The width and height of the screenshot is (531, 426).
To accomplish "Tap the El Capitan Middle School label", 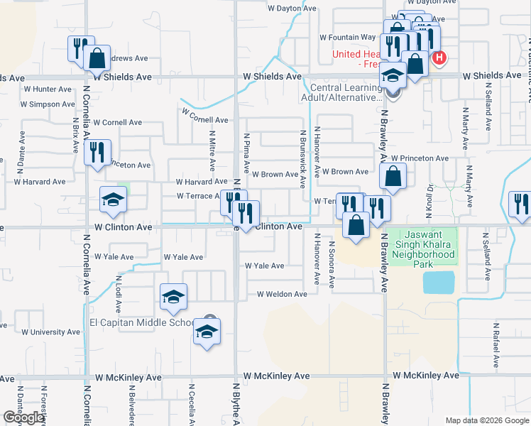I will [x=139, y=322].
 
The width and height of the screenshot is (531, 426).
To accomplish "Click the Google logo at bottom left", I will [x=23, y=417].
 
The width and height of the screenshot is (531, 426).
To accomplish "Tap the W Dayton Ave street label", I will [x=291, y=9].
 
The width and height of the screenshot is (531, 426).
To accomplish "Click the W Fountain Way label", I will [x=347, y=37].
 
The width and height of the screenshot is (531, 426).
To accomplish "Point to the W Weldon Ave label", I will [x=281, y=293].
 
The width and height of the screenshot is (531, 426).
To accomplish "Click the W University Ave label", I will [x=50, y=332].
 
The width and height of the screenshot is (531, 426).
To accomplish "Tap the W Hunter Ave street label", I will [x=48, y=89].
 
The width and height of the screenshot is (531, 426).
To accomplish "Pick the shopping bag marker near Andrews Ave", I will [x=98, y=57].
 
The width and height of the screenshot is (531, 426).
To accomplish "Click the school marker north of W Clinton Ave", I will [x=113, y=201].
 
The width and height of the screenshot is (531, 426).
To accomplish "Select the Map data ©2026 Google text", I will [x=488, y=420].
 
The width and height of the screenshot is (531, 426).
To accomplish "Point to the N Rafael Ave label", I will [x=494, y=338].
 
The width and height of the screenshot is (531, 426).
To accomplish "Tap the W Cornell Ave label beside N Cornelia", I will [x=117, y=122].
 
